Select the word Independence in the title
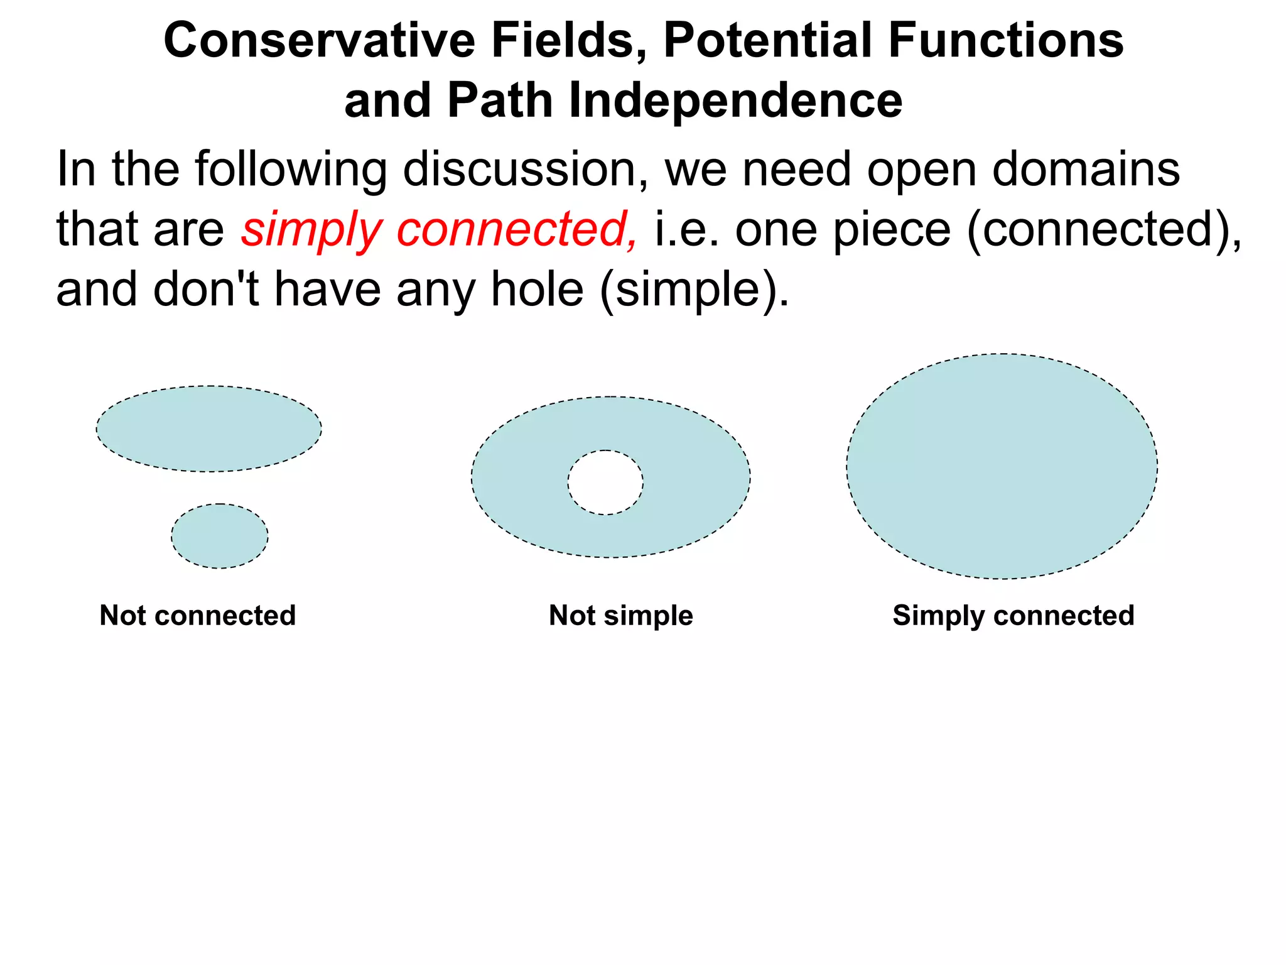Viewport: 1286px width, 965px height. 735,101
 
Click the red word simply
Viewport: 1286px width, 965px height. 311,230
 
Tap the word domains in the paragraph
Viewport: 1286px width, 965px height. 1086,170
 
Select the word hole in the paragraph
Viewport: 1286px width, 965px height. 537,290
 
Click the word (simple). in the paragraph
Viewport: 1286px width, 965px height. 694,290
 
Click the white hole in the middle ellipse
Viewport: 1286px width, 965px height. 605,482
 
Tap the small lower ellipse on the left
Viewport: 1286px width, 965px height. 220,536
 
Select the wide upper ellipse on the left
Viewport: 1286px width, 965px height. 208,429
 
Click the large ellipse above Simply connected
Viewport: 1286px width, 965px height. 1002,466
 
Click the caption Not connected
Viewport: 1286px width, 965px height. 198,616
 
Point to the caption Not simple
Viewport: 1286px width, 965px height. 621,616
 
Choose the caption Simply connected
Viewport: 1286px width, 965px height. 1013,616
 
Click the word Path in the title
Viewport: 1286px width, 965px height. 500,101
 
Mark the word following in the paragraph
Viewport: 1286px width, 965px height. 291,170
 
